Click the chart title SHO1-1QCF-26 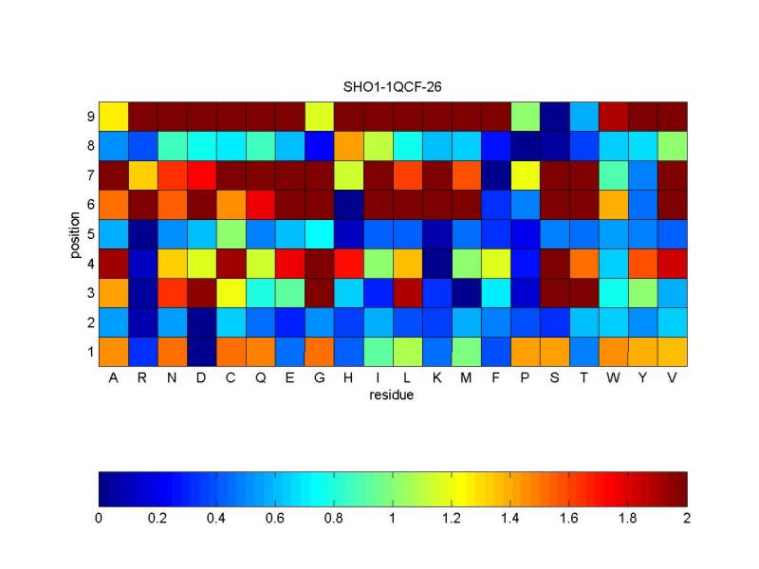[x=392, y=86]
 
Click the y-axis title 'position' [x=74, y=233]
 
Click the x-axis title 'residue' [x=392, y=395]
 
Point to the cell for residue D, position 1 [x=202, y=351]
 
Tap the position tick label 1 [x=89, y=351]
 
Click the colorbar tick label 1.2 [x=453, y=518]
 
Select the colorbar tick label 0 [x=100, y=518]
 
